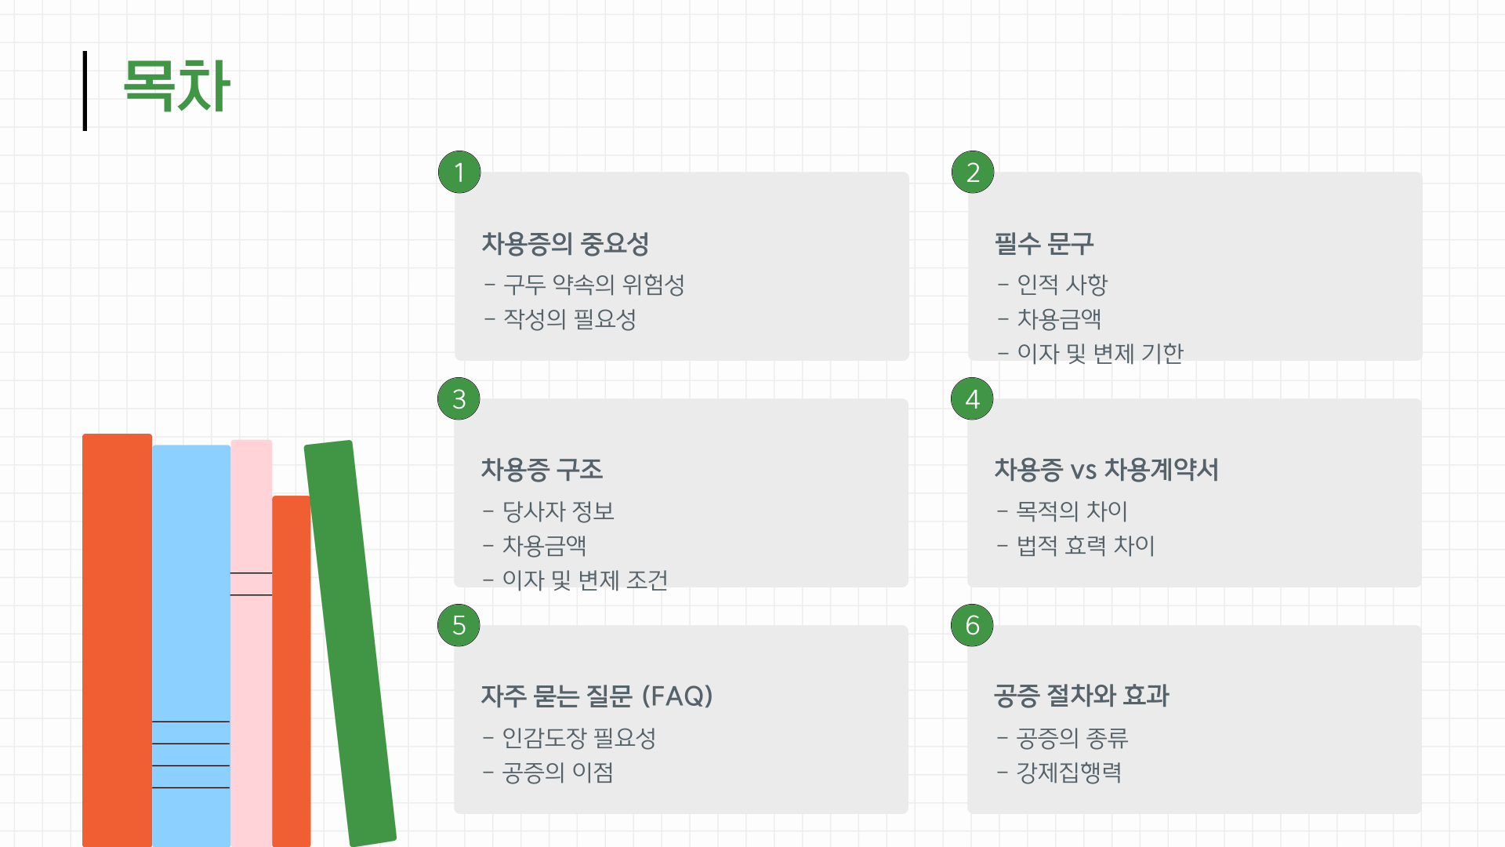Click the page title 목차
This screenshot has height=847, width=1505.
(x=176, y=86)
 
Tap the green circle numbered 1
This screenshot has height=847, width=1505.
(x=459, y=173)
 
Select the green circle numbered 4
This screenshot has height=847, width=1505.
(x=972, y=399)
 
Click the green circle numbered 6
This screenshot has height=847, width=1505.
(x=972, y=625)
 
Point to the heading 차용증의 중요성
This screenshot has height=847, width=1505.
(x=564, y=244)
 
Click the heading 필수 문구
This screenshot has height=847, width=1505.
(x=1043, y=244)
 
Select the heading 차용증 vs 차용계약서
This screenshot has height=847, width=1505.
(x=1106, y=470)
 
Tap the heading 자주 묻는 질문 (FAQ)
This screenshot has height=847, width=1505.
(x=597, y=696)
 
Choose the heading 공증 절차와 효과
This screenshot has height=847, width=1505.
(x=1081, y=696)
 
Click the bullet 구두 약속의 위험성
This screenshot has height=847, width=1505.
(x=593, y=285)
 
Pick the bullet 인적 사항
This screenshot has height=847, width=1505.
(x=1061, y=285)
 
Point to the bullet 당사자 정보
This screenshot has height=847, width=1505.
(x=557, y=511)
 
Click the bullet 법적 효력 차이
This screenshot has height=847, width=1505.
(x=1085, y=546)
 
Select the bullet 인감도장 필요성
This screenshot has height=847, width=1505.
(x=578, y=738)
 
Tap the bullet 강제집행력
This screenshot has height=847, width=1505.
(x=1068, y=772)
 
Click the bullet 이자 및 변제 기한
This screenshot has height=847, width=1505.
(x=1100, y=354)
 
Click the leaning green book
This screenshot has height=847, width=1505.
(x=350, y=643)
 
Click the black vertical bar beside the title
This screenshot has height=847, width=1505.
(x=85, y=90)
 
